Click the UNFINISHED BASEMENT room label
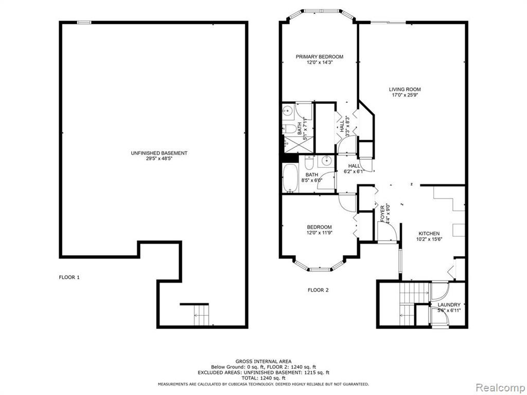(x=159, y=153)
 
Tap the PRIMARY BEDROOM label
(x=320, y=57)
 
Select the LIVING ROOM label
(x=405, y=89)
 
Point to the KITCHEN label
(x=429, y=234)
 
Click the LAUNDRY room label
(x=449, y=304)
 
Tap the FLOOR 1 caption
(x=69, y=277)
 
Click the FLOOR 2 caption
(x=318, y=290)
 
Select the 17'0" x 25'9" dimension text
(x=405, y=95)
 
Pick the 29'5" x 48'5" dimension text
(x=159, y=158)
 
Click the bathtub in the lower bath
(x=290, y=177)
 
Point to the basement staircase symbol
(x=201, y=315)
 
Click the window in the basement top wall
(x=84, y=23)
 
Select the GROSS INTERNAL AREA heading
(x=263, y=362)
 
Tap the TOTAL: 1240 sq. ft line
(x=263, y=378)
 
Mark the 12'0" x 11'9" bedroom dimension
(x=319, y=232)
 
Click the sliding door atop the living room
(x=389, y=23)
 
